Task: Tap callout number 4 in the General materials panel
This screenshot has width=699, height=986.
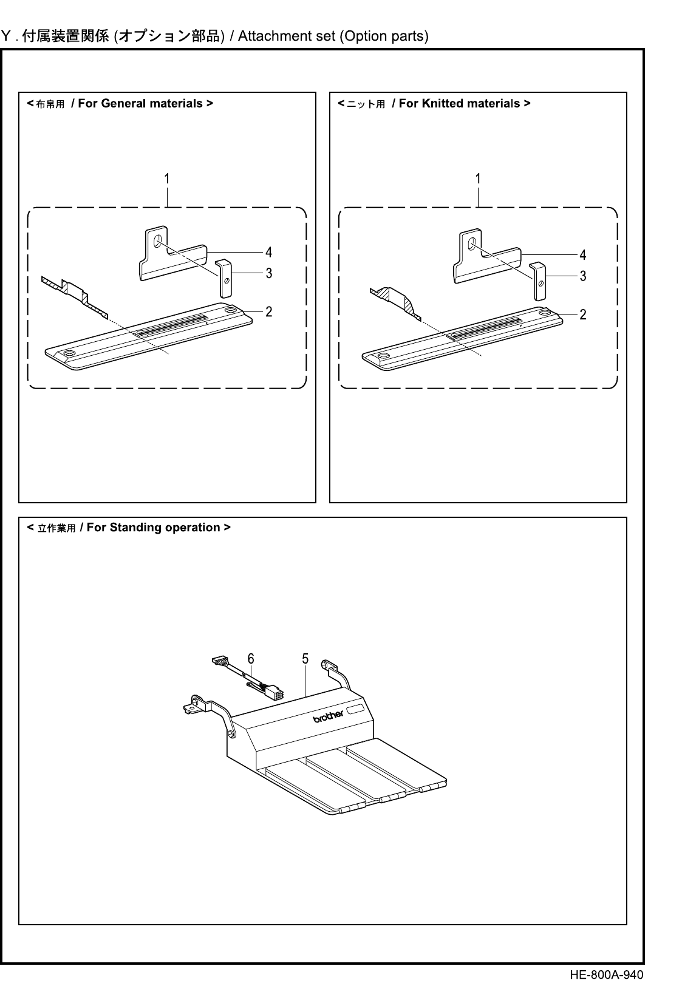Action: [268, 251]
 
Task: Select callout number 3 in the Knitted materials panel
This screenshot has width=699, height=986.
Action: [582, 276]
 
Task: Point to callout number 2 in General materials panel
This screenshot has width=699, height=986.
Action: [268, 311]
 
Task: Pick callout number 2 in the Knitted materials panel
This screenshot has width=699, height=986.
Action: [582, 314]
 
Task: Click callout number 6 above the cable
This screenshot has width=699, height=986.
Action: [250, 659]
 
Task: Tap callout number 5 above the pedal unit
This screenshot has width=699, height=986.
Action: [305, 659]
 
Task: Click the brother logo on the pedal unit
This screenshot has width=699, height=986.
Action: [329, 716]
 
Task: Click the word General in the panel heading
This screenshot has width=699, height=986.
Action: [121, 103]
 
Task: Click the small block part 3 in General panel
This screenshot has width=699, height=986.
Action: [224, 278]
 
